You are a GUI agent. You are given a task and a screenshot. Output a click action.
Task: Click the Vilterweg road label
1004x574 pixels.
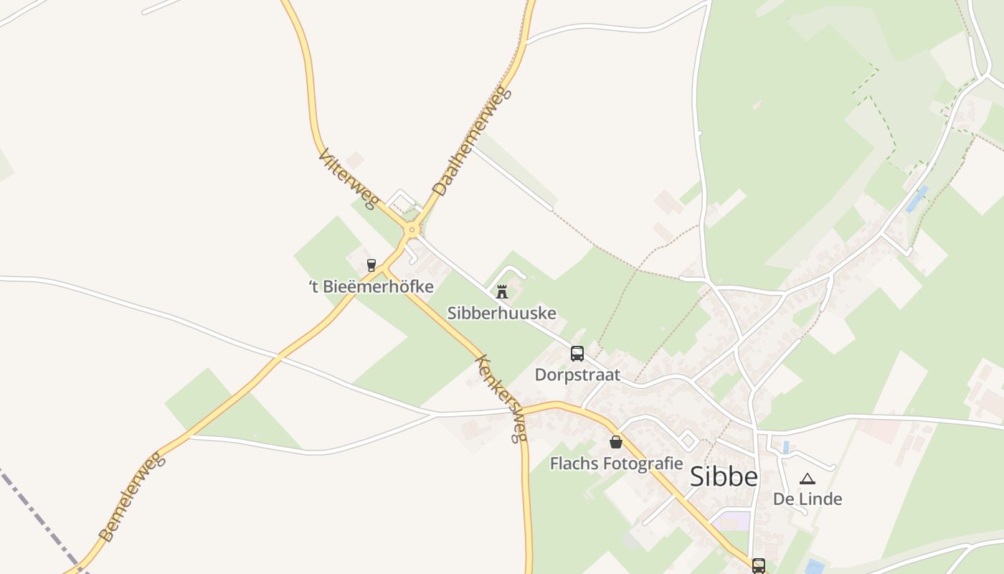click(x=348, y=179)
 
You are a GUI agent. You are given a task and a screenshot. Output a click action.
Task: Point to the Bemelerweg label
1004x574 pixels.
click(x=131, y=497)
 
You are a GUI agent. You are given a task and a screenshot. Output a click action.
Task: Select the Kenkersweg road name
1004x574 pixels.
click(x=501, y=398)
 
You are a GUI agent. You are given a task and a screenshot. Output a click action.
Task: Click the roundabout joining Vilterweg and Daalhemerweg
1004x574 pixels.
click(x=412, y=230)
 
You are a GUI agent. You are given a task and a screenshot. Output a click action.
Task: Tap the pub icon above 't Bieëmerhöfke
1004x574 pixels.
click(x=371, y=265)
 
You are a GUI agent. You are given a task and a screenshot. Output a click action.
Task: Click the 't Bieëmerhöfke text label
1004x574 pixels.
click(x=371, y=287)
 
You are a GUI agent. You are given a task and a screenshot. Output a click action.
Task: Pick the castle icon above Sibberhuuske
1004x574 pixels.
click(x=502, y=292)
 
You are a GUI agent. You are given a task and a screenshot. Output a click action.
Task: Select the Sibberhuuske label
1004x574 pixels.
click(x=502, y=313)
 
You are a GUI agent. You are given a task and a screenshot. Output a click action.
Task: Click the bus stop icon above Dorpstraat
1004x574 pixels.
click(x=577, y=353)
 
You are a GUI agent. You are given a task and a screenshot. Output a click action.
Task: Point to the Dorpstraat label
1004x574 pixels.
click(x=577, y=375)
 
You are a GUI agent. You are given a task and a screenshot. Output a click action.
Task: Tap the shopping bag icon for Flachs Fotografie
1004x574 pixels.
click(x=615, y=442)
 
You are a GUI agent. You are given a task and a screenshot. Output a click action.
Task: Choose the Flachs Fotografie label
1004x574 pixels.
click(x=616, y=464)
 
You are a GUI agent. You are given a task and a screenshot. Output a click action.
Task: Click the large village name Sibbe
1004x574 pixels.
click(x=723, y=477)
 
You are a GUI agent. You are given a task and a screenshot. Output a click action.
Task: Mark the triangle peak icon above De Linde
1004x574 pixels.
click(x=808, y=479)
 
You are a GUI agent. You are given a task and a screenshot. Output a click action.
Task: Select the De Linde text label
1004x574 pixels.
click(x=808, y=499)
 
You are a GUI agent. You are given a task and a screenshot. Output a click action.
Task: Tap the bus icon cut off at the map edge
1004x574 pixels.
click(x=759, y=566)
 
